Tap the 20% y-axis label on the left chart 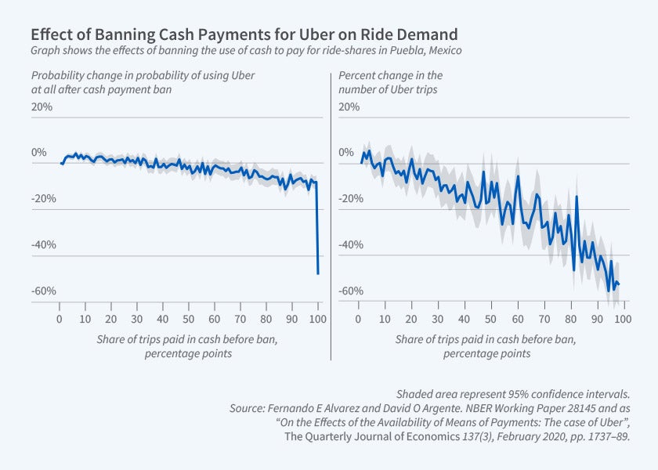point(42,107)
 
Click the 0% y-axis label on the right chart point(346,153)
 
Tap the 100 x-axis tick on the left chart point(316,320)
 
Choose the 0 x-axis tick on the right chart point(358,320)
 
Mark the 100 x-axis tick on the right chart point(621,320)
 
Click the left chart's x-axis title point(188,346)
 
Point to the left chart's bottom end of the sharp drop point(318,273)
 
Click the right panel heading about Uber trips point(391,82)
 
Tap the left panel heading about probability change point(143,82)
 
